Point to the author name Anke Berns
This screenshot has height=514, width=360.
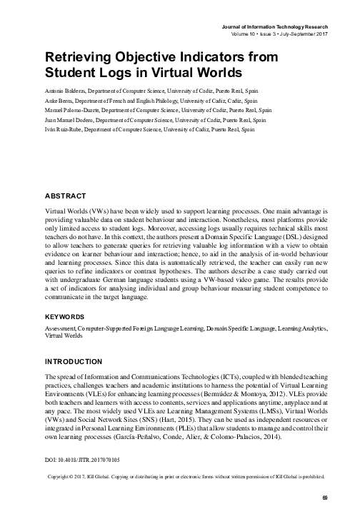(59, 101)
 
